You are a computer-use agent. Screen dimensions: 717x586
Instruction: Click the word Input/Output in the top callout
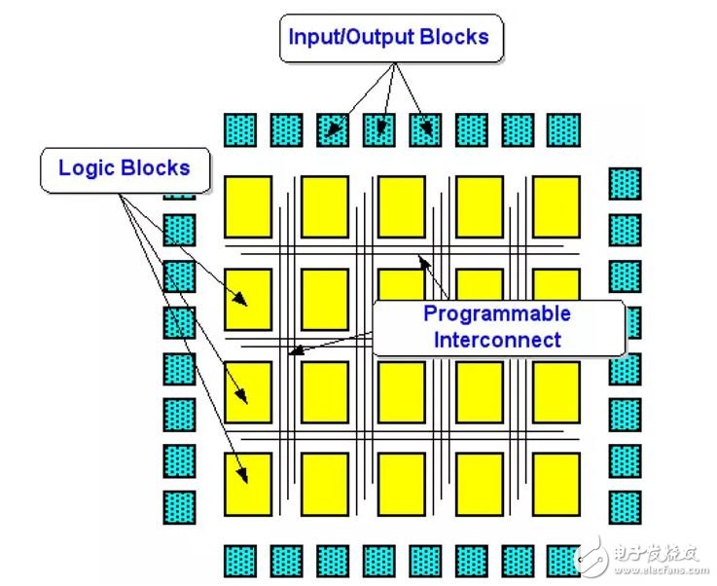351,37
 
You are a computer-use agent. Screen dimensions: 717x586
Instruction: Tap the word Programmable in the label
497,314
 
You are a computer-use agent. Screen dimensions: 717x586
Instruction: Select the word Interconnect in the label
497,340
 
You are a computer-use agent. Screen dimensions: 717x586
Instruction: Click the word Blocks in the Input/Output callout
454,37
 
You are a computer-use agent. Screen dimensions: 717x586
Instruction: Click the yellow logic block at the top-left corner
248,206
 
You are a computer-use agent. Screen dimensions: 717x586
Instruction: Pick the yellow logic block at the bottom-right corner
556,485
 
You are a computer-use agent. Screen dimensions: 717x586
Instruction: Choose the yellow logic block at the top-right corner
556,206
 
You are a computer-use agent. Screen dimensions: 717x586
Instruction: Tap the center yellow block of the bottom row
402,485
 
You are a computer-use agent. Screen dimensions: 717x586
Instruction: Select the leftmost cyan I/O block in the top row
240,130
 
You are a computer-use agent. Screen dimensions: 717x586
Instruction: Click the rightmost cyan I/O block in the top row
564,130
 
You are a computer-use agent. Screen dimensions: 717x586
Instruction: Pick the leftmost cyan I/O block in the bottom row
240,562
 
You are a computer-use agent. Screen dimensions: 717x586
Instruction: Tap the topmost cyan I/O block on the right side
626,184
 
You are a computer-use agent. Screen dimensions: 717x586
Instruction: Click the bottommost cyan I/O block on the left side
179,507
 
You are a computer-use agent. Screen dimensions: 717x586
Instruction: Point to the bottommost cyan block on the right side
626,507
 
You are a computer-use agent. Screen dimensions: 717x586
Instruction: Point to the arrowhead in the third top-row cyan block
334,129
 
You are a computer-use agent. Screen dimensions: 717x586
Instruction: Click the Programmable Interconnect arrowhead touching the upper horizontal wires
424,261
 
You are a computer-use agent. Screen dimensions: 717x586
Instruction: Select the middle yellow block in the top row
402,206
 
